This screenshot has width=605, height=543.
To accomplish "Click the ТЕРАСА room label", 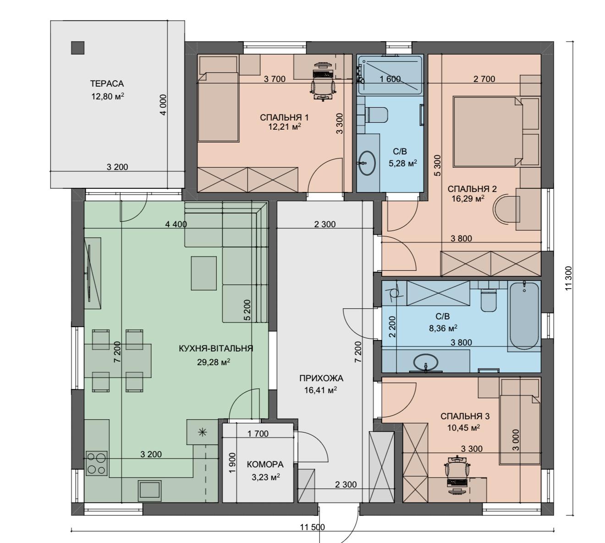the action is [107, 83].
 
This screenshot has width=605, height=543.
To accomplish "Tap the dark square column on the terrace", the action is [77, 48].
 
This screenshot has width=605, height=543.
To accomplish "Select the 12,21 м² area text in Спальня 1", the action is [284, 127].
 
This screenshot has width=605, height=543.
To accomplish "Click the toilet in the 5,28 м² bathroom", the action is [377, 115].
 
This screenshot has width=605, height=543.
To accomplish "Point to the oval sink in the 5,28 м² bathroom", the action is [367, 163].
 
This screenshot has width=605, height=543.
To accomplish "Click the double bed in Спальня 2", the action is [488, 131].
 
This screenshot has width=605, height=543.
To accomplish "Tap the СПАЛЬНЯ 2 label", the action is [472, 189].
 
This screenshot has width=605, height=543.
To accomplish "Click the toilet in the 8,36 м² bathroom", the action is [489, 301].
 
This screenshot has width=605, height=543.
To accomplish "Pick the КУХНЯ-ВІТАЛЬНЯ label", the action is [215, 348].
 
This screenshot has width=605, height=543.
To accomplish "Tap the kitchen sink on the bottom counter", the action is [149, 491].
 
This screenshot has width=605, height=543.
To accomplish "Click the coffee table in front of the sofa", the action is [203, 273].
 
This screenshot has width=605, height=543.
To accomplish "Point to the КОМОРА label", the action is [265, 465].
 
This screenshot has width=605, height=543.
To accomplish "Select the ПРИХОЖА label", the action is [321, 378].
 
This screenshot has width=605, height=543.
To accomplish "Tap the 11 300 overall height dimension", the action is [569, 278].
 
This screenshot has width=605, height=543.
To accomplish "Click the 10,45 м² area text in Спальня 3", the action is [463, 428].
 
